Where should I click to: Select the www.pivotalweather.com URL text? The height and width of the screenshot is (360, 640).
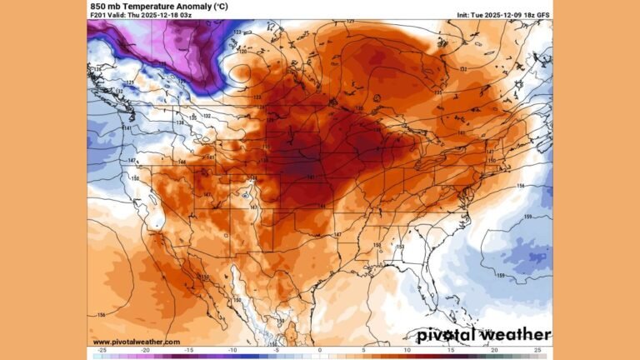(136, 342)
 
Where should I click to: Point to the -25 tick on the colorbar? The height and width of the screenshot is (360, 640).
(101, 351)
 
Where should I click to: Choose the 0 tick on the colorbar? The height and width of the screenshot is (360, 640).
(320, 351)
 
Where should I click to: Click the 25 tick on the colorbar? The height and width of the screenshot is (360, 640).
(538, 351)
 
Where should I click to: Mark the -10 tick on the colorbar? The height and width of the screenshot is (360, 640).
(232, 351)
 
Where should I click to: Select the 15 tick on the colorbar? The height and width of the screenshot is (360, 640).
(451, 351)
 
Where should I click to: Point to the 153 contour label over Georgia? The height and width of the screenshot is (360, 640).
(399, 247)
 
